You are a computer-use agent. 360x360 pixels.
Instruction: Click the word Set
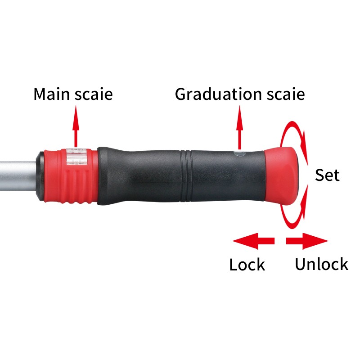pyautogui.click(x=327, y=175)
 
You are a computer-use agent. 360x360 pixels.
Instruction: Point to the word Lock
pyautogui.click(x=247, y=264)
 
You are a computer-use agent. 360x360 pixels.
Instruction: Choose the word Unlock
pyautogui.click(x=321, y=264)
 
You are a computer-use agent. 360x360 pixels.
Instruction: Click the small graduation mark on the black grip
pyautogui.click(x=239, y=154)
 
